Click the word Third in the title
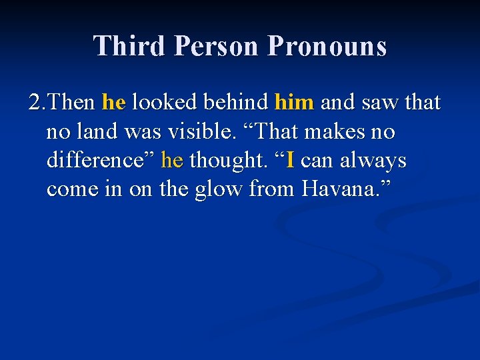[129, 46]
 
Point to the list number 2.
[36, 103]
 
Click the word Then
[72, 103]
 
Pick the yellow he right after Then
[113, 103]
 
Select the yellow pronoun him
[294, 103]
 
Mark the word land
[96, 132]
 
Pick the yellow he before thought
[172, 161]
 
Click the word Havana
[339, 189]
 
